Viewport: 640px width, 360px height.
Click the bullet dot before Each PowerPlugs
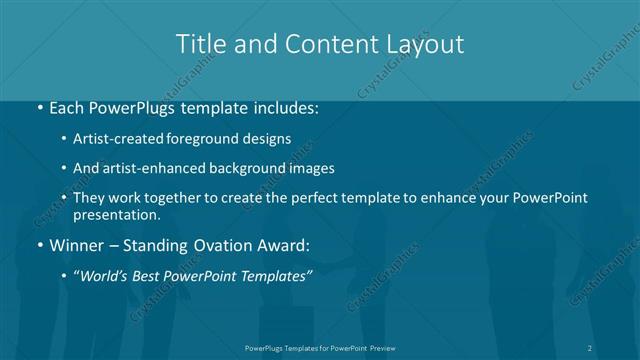coord(38,106)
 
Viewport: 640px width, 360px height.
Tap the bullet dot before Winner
coord(38,243)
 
